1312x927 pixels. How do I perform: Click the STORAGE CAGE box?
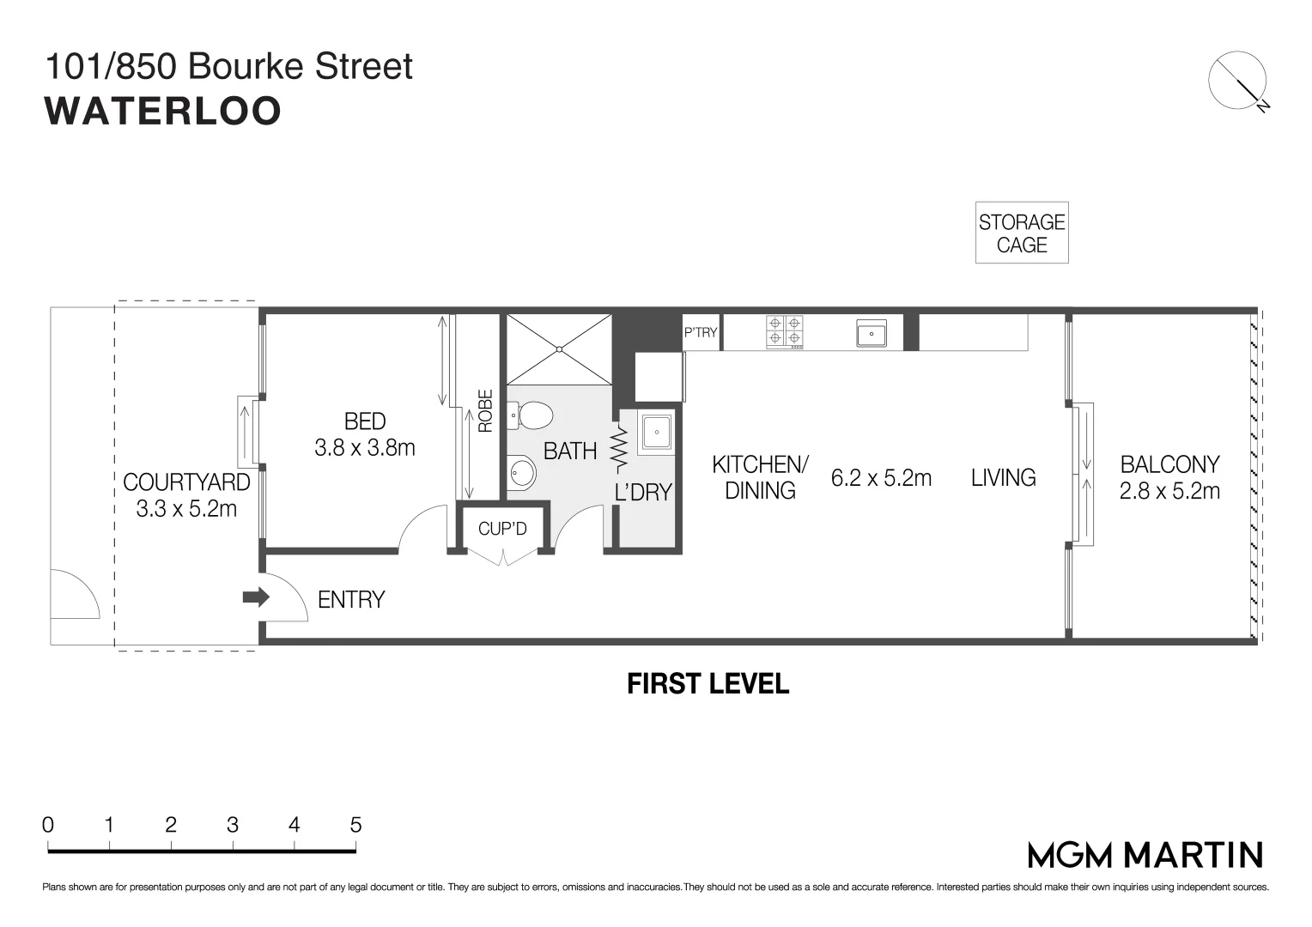[1022, 233]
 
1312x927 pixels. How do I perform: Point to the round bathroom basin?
[521, 471]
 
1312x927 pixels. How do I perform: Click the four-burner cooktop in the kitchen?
[785, 332]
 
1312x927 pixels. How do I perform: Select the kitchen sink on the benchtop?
[871, 333]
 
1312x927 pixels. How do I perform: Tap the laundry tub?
[657, 432]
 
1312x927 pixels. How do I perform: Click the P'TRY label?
[701, 332]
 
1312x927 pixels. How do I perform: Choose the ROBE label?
[485, 411]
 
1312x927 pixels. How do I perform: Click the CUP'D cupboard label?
[502, 529]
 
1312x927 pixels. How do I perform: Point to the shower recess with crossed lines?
[559, 349]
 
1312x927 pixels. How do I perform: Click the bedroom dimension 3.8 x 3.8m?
[365, 447]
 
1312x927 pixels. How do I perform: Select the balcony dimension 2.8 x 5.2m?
[1169, 491]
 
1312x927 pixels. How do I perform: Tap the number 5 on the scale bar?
[355, 825]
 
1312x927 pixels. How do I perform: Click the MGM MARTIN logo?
[1145, 855]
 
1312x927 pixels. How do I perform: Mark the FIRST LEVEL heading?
[708, 684]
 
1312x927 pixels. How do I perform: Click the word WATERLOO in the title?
[163, 111]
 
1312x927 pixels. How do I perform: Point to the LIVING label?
[1003, 477]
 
